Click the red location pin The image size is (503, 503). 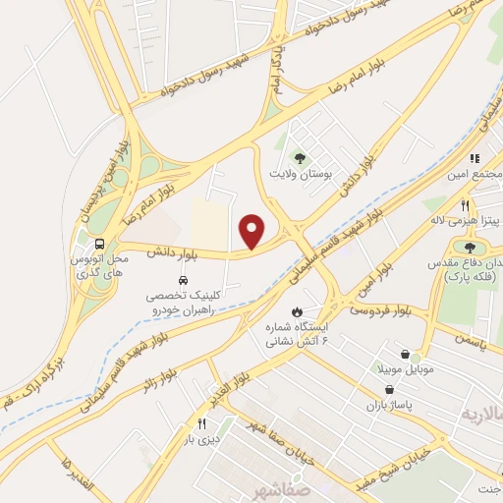[x=252, y=231]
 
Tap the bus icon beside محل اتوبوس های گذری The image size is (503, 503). [x=99, y=246]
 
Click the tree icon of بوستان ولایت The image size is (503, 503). [x=300, y=156]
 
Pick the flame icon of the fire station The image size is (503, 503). [x=292, y=310]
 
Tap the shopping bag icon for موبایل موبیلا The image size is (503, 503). [x=406, y=354]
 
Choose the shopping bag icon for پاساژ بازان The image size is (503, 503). [x=390, y=389]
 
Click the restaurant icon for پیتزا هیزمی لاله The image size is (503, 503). [x=465, y=206]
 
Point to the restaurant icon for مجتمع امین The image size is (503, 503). [x=473, y=158]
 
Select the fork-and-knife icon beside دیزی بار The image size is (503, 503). [x=201, y=423]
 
